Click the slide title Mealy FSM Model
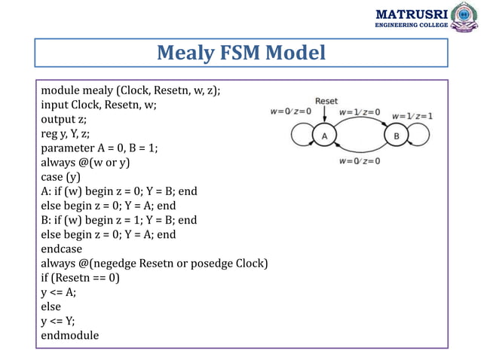(240, 53)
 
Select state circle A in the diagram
(324, 136)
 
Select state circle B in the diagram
(397, 136)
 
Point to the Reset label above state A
(326, 100)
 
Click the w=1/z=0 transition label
(360, 112)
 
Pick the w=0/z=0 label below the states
(360, 160)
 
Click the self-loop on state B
(420, 136)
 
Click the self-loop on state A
(301, 136)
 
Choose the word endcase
(62, 248)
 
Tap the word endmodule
(69, 334)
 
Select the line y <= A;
(58, 291)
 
